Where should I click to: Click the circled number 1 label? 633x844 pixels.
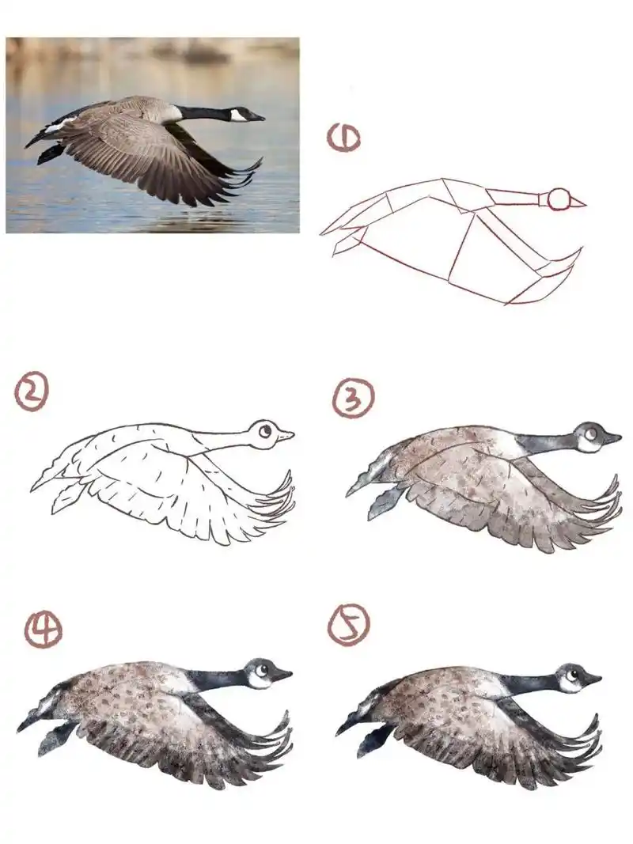pyautogui.click(x=343, y=138)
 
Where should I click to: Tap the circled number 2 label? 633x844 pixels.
pyautogui.click(x=32, y=393)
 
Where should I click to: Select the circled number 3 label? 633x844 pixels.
pyautogui.click(x=352, y=399)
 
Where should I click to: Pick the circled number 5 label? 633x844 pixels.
pyautogui.click(x=349, y=624)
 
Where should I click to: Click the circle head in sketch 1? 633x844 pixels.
pyautogui.click(x=559, y=199)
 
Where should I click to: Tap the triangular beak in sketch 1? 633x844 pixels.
pyautogui.click(x=578, y=202)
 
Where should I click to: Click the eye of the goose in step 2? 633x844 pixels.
pyautogui.click(x=265, y=431)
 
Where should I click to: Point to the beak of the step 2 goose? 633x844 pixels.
pyautogui.click(x=286, y=436)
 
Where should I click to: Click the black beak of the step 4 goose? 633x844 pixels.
pyautogui.click(x=281, y=674)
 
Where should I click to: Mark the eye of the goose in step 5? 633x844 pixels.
pyautogui.click(x=572, y=674)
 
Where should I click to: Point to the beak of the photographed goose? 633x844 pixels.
pyautogui.click(x=258, y=117)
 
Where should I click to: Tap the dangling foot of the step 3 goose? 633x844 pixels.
pyautogui.click(x=384, y=503)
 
